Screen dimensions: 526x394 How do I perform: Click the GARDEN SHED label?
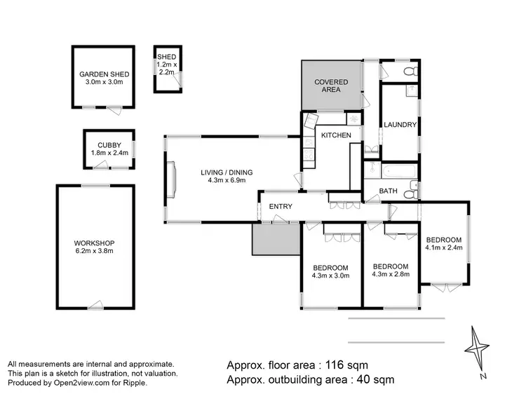click(x=103, y=74)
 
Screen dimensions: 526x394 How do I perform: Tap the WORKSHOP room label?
click(x=94, y=242)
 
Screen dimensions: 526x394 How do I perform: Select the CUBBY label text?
click(x=109, y=145)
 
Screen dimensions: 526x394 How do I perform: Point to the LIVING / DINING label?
click(x=226, y=172)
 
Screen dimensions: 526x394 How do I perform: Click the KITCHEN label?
click(x=336, y=135)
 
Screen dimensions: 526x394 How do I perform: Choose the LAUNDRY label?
click(x=400, y=125)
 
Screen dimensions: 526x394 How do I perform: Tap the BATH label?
click(x=388, y=191)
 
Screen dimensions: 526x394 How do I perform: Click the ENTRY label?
click(x=281, y=206)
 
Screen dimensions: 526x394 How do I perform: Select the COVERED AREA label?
click(x=331, y=86)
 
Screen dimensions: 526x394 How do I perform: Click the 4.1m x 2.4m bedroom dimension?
click(x=443, y=247)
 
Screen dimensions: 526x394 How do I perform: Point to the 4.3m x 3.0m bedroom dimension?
click(x=330, y=276)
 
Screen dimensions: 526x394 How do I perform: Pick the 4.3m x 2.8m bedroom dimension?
click(x=391, y=274)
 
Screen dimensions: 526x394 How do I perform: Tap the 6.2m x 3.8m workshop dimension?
click(x=94, y=250)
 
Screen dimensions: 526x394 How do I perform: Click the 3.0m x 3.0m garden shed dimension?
click(x=103, y=82)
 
